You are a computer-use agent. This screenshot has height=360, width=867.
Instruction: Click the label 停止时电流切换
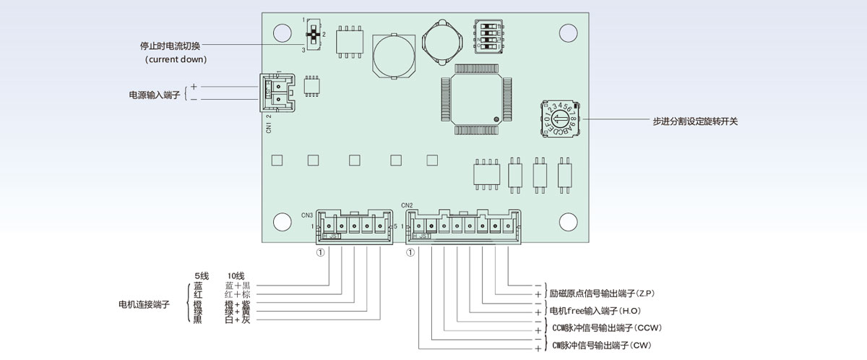click(x=170, y=46)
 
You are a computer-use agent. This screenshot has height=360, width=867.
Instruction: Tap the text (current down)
click(x=176, y=59)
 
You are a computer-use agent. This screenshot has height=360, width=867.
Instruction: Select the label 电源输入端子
click(x=153, y=95)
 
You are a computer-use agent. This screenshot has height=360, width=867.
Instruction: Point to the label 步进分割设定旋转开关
click(x=694, y=121)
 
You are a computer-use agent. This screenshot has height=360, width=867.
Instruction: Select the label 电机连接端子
click(x=144, y=304)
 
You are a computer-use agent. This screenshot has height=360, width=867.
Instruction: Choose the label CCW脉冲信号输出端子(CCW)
click(x=606, y=328)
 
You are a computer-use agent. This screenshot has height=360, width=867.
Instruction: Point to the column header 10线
click(x=236, y=276)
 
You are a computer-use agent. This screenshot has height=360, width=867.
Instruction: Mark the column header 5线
click(x=202, y=276)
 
